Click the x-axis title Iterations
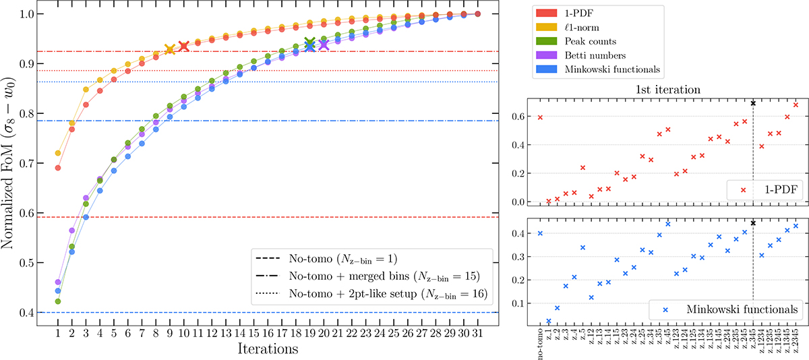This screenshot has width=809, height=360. click(x=268, y=350)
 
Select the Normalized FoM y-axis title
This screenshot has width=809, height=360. click(x=11, y=163)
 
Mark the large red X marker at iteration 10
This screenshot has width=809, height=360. click(x=184, y=46)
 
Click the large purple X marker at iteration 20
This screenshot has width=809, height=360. click(x=324, y=44)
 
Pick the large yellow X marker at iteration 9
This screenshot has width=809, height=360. click(x=170, y=49)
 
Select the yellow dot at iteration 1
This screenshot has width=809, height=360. click(x=58, y=153)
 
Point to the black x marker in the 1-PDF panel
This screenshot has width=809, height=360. click(x=752, y=103)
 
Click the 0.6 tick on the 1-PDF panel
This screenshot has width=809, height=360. click(x=506, y=116)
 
